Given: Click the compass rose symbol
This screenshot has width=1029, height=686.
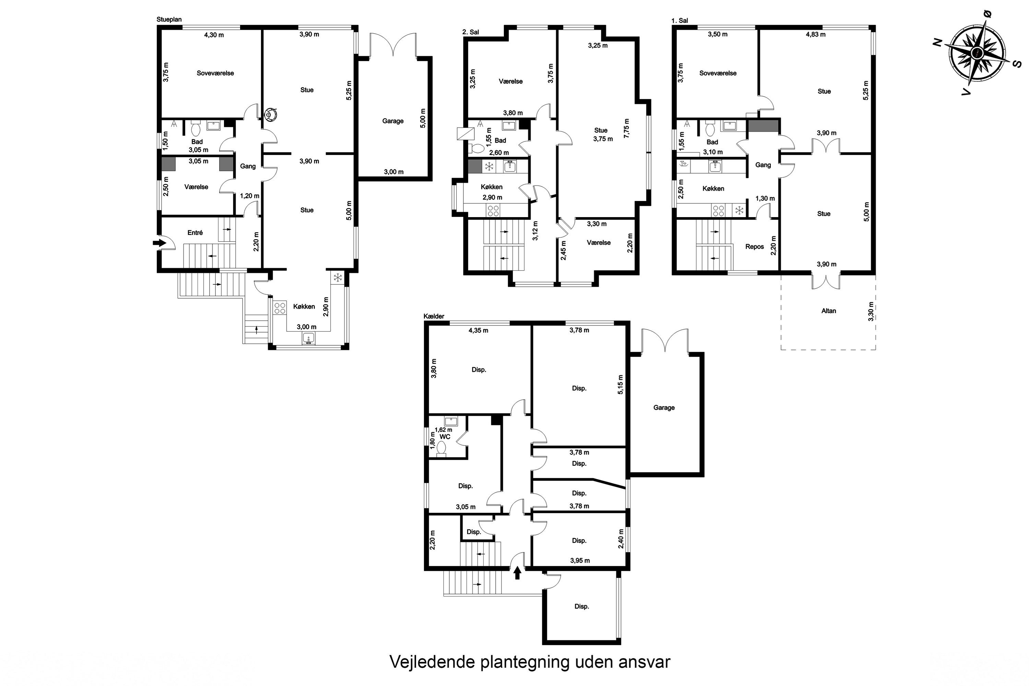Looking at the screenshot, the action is pyautogui.click(x=977, y=53).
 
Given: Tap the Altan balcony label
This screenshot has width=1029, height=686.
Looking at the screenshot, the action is pyautogui.click(x=829, y=311).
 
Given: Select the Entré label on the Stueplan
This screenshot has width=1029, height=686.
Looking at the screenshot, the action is pyautogui.click(x=195, y=233).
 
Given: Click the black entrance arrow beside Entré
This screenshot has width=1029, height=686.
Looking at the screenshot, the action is pyautogui.click(x=160, y=243).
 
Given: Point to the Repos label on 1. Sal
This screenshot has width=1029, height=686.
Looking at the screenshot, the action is pyautogui.click(x=755, y=247).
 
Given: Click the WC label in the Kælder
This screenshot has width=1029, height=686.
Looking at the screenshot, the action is pyautogui.click(x=445, y=437).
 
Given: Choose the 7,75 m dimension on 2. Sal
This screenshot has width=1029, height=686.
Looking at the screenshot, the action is pyautogui.click(x=627, y=128).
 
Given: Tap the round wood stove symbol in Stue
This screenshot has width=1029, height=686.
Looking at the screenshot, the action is pyautogui.click(x=271, y=115).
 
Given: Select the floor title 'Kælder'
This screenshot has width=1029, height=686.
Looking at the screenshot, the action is pyautogui.click(x=434, y=316).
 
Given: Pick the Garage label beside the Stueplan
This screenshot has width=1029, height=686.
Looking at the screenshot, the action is pyautogui.click(x=393, y=121).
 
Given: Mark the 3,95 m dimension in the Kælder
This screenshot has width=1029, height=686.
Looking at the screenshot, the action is pyautogui.click(x=580, y=560).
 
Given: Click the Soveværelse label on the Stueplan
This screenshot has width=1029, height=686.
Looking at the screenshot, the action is pyautogui.click(x=215, y=73).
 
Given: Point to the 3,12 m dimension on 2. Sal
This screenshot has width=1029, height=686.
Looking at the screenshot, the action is pyautogui.click(x=535, y=231).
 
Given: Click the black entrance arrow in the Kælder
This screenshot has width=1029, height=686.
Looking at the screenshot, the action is pyautogui.click(x=517, y=573).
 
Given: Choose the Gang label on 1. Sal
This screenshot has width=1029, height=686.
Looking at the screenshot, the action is pyautogui.click(x=763, y=165).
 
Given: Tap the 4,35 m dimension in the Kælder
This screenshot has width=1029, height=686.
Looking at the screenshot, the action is pyautogui.click(x=478, y=331).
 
